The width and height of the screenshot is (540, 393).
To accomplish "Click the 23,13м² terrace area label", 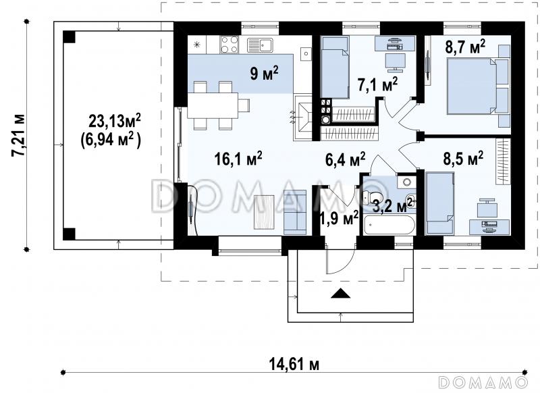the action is point(115,122).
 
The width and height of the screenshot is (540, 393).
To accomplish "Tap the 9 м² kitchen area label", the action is point(264,74).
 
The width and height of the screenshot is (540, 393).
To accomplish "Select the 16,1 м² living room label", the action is point(238,159).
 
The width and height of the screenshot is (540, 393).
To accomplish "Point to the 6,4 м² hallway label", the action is point(345,160).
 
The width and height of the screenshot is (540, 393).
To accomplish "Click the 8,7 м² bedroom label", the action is point(465,47).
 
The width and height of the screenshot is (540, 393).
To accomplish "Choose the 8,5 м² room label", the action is point(463,159).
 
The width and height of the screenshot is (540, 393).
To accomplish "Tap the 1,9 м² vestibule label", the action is point(340,218).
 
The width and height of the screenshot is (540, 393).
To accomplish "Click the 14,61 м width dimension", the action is point(294,364).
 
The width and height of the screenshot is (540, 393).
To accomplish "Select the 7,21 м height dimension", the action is point(18,135).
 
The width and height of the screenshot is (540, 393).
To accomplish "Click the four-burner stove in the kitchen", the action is point(230,45).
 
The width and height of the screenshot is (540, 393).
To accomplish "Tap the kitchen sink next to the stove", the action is point(260,45).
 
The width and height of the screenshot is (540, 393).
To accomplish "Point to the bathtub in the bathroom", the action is point(387,226).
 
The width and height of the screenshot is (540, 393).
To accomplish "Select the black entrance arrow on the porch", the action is point(341,293).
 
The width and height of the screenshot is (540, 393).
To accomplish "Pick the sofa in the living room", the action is point(295,212).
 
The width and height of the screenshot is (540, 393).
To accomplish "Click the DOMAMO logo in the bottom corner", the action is point(483,382).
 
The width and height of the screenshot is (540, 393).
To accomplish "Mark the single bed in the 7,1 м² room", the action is point(335,67).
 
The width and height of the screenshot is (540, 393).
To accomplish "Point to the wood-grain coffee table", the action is point(264,212).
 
